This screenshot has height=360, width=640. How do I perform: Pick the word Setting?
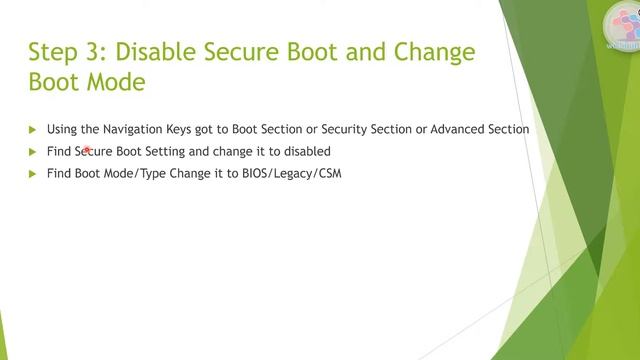(162, 152)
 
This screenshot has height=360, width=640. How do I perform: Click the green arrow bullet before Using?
(33, 130)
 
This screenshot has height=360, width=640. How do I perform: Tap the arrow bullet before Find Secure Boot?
(33, 152)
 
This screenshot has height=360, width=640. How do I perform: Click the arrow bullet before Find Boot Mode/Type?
(33, 174)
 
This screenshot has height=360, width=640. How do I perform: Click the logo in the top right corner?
(622, 25)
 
